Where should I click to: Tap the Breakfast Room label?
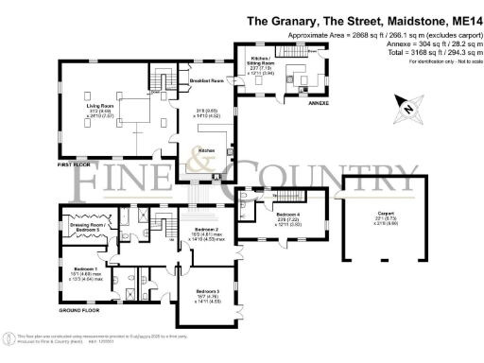[204, 81]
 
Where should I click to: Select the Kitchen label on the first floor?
[205, 150]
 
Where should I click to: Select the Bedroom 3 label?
[209, 290]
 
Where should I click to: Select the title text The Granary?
[283, 19]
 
